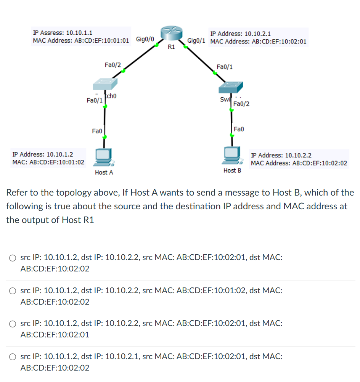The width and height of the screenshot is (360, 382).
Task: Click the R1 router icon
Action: point(171,34)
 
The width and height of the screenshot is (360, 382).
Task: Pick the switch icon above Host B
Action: point(230,87)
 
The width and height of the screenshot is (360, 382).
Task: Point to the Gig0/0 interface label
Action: point(145,39)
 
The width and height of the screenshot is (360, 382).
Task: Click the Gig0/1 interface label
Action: point(197,40)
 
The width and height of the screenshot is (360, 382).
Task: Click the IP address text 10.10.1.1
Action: point(79,33)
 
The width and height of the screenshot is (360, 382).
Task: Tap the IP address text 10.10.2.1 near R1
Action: point(257,34)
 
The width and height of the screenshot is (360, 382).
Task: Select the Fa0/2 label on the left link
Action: point(112,65)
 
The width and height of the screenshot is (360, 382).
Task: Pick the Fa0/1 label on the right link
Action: point(225,67)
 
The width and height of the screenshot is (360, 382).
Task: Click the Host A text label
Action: point(104,172)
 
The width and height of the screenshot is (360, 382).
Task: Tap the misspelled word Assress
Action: point(52,33)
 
